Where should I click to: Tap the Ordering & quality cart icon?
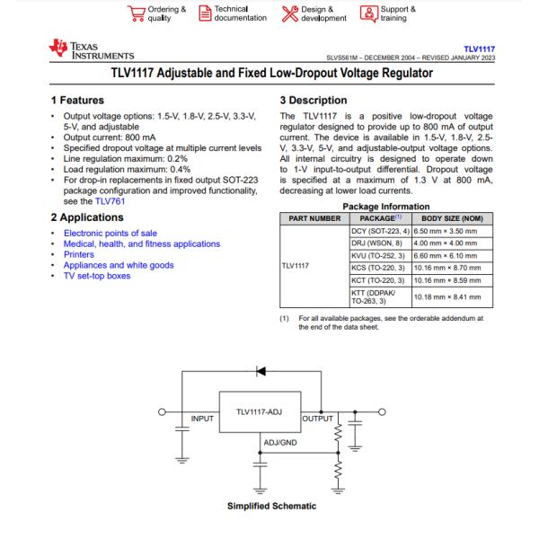point(137,13)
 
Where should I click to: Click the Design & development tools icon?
point(288,13)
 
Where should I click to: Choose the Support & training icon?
point(367,13)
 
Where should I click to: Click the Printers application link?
point(79,255)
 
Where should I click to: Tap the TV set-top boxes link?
point(97,276)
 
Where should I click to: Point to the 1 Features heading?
point(84,101)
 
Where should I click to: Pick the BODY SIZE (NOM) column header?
point(452,218)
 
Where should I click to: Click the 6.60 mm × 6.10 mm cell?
point(446,254)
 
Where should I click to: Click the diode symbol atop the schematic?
point(261,369)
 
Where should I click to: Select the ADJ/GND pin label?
point(280,442)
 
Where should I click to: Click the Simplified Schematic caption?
point(272,507)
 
